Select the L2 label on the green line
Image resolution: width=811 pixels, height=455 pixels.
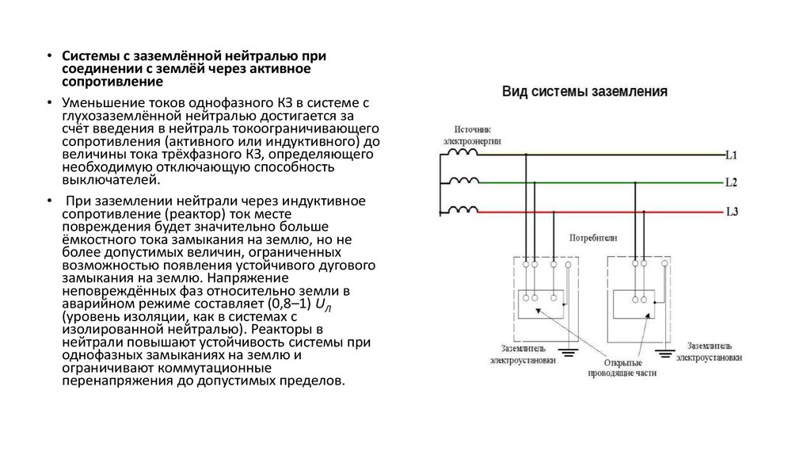(731, 183)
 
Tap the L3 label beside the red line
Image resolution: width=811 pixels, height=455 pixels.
(731, 212)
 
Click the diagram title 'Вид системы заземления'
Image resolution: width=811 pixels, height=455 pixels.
(584, 92)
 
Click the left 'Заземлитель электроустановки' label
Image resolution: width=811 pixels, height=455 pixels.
(522, 354)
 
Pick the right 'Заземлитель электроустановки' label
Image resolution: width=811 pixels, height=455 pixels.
(714, 352)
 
